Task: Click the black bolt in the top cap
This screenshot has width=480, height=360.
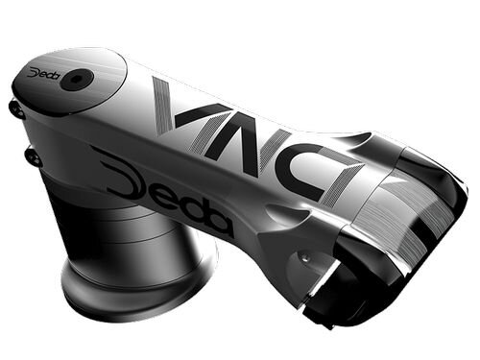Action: click(x=73, y=83)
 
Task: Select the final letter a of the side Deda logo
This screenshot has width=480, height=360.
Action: click(x=219, y=223)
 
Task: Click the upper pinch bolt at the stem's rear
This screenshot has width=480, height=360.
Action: click(x=16, y=108)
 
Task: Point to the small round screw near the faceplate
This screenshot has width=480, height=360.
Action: click(x=304, y=258)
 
